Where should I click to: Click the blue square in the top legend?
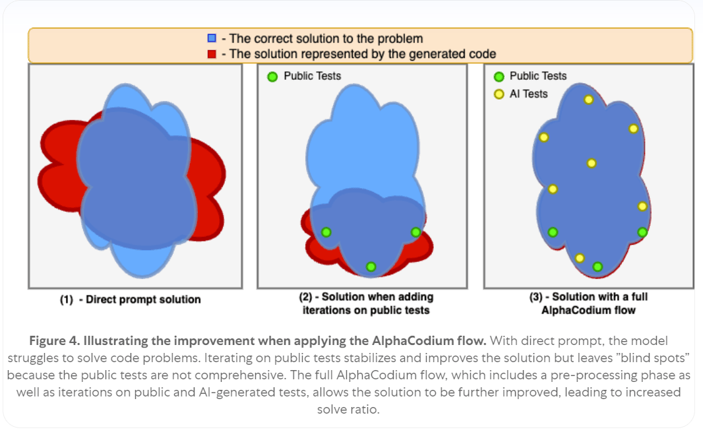212,38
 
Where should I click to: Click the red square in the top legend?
212,53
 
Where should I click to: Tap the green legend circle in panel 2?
272,77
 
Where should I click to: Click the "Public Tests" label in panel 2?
313,76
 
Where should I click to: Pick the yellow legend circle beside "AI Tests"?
499,94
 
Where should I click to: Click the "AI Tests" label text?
529,94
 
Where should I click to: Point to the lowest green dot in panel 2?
371,267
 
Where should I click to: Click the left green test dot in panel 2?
326,232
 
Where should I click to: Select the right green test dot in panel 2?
415,232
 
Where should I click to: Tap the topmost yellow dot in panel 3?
588,100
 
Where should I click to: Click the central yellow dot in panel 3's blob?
592,163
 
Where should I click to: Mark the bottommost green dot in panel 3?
597,267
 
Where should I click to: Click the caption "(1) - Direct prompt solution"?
130,299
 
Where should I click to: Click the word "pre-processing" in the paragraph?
535,375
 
